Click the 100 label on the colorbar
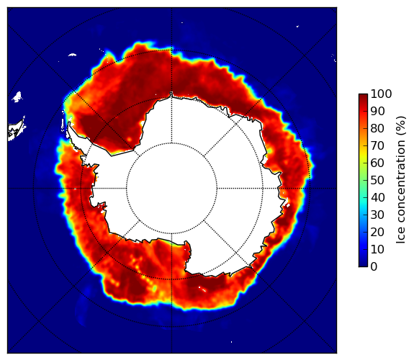tap(381, 94)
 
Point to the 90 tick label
tap(377, 111)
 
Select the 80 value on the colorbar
tap(377, 128)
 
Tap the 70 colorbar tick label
tap(377, 145)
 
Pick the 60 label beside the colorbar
tap(377, 163)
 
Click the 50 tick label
tap(377, 180)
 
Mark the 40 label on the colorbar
tap(377, 197)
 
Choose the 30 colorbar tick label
tap(377, 215)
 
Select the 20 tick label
tap(377, 232)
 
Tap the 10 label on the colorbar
tap(377, 249)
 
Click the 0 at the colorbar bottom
tap(374, 267)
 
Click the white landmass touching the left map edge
tap(16, 130)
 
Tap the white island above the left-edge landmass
tap(17, 96)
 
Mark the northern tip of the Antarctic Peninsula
tap(69, 122)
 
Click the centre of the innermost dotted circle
tap(171, 189)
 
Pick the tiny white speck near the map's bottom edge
tap(232, 342)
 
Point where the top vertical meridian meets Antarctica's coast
tap(171, 97)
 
